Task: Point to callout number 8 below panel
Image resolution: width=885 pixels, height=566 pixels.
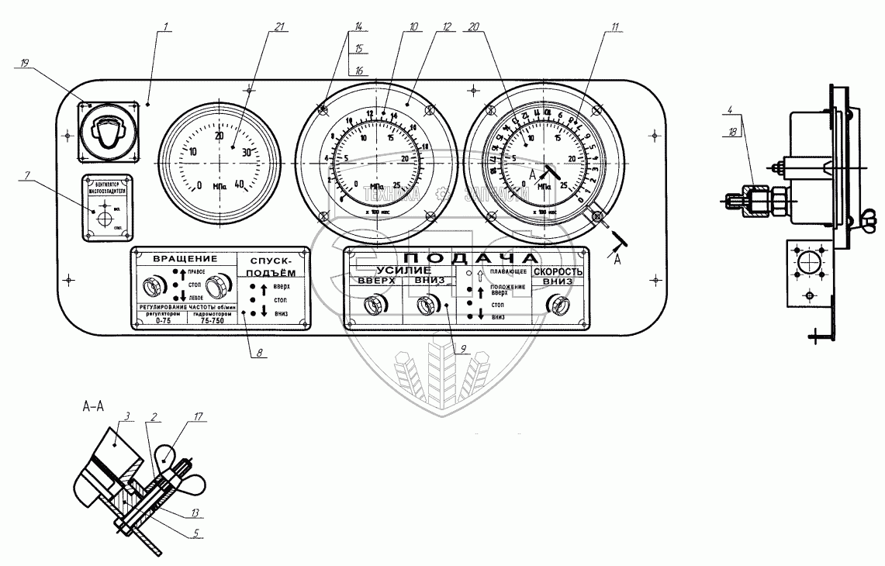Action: click(260, 354)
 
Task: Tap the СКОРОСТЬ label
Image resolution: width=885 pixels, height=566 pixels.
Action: click(557, 272)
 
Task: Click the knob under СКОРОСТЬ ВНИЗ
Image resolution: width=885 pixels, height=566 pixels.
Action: click(556, 305)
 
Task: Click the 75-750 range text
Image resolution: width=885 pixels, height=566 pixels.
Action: click(213, 320)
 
